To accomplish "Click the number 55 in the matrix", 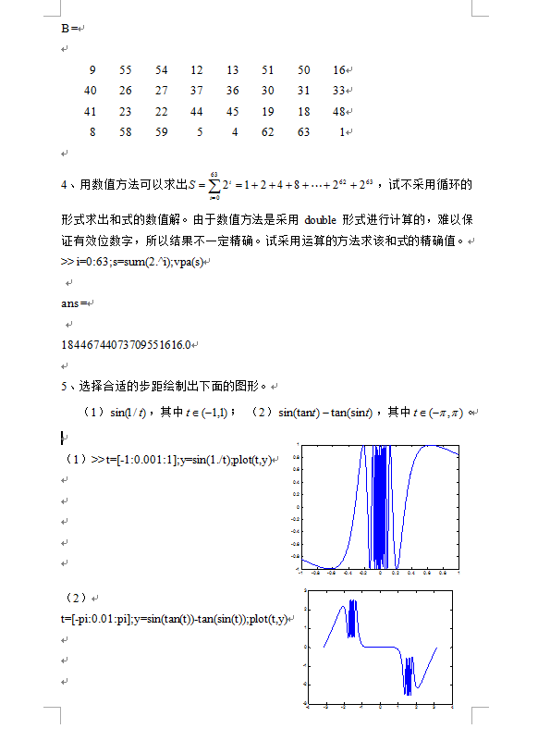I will pos(126,70).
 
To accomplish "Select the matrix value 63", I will pos(304,132).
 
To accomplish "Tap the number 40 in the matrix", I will pos(90,91).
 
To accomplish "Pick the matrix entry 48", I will pos(338,111).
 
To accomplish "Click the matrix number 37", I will pos(197,91).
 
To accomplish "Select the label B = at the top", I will pos(68,29).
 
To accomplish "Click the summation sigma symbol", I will pos(214,185).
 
